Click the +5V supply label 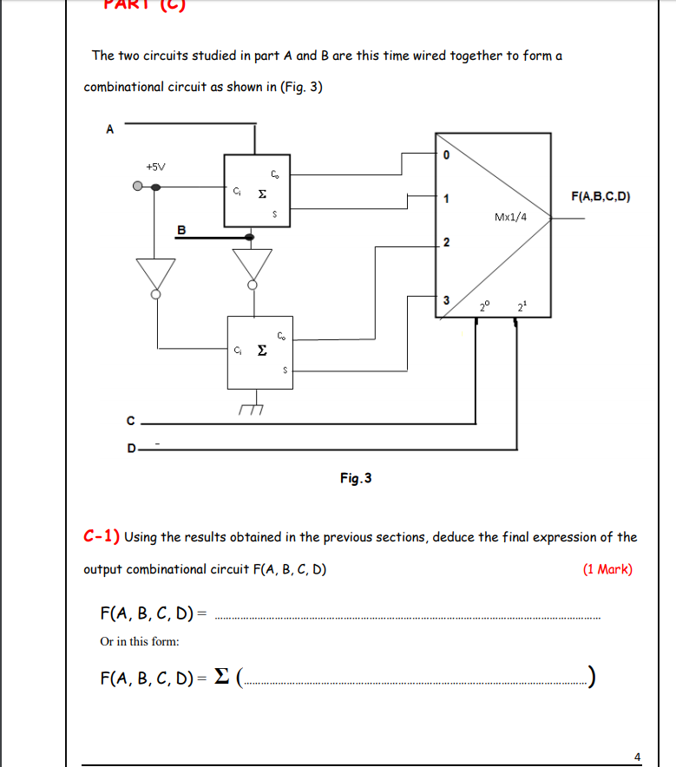[x=157, y=166]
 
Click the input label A [x=109, y=129]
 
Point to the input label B [x=181, y=229]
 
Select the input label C [x=130, y=423]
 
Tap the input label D [x=131, y=449]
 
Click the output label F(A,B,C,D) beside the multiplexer [x=601, y=197]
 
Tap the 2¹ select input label [x=521, y=306]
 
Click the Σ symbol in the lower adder [x=261, y=351]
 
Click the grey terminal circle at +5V [x=137, y=186]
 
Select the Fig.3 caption [x=356, y=478]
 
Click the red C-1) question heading [x=102, y=537]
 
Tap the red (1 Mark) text [x=607, y=570]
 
